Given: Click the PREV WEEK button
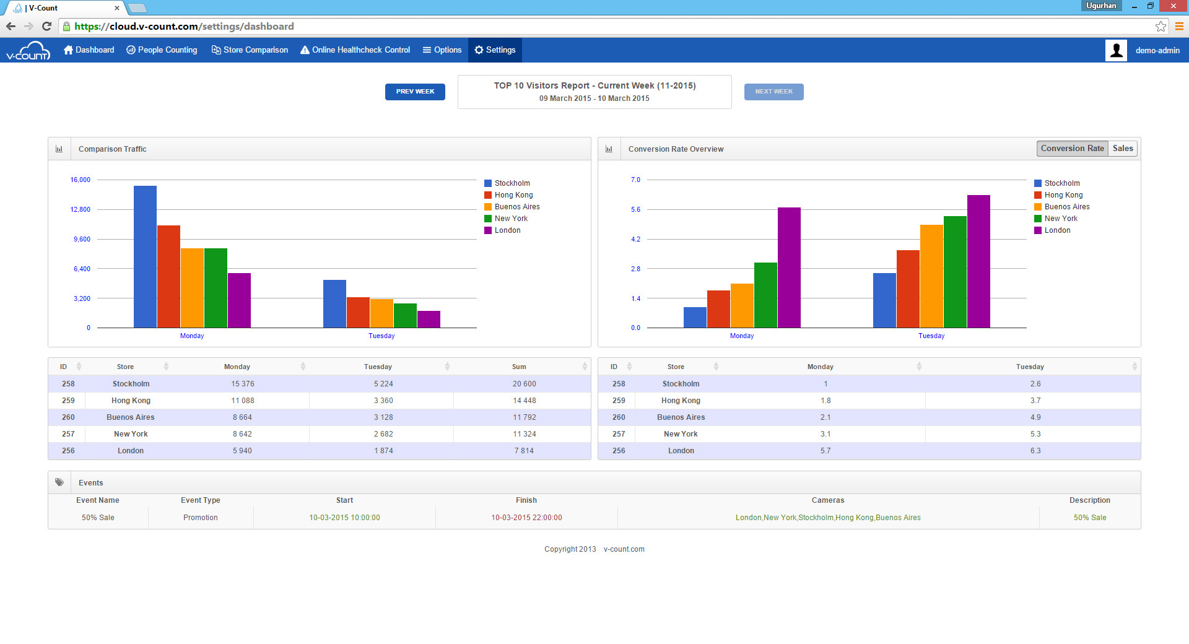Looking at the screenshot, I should point(415,92).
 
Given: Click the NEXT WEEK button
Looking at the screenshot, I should point(773,92).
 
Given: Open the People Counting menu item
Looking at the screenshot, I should point(162,50).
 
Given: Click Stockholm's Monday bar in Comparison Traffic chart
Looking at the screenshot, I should point(145,257).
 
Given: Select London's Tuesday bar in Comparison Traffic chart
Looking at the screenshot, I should point(429,320).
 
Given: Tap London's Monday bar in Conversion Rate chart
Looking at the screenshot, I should point(789,268).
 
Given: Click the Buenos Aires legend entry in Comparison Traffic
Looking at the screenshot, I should point(516,207).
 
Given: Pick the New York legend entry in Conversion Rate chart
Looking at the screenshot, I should point(1060,219).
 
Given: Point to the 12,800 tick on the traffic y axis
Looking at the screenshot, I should point(81,209).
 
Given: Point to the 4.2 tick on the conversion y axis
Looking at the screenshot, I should point(635,239).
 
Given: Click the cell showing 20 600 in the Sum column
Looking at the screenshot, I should point(524,384).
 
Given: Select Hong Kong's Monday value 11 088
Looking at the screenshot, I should point(243,401).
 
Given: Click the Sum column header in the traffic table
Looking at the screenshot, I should point(519,367).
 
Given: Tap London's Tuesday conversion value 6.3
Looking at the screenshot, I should point(1035,451).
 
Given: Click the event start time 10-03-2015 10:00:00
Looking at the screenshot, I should point(344,518).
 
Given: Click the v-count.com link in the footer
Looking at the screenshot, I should point(624,549).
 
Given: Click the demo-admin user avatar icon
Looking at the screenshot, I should point(1116,50).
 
